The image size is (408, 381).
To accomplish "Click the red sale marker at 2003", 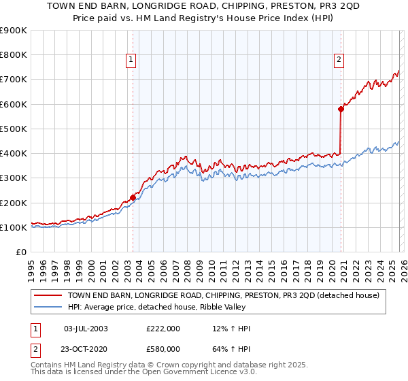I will [x=133, y=198].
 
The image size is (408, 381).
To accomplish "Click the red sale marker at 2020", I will [x=341, y=109].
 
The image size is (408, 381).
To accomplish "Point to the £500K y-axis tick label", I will [x=13, y=129].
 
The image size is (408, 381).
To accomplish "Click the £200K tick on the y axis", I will [x=13, y=203].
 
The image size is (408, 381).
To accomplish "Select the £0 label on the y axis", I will [x=20, y=252].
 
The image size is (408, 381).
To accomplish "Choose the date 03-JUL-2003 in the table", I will [x=86, y=329].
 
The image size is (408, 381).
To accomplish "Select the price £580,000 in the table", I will [x=163, y=349].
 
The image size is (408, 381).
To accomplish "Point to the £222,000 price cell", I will [x=163, y=329].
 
